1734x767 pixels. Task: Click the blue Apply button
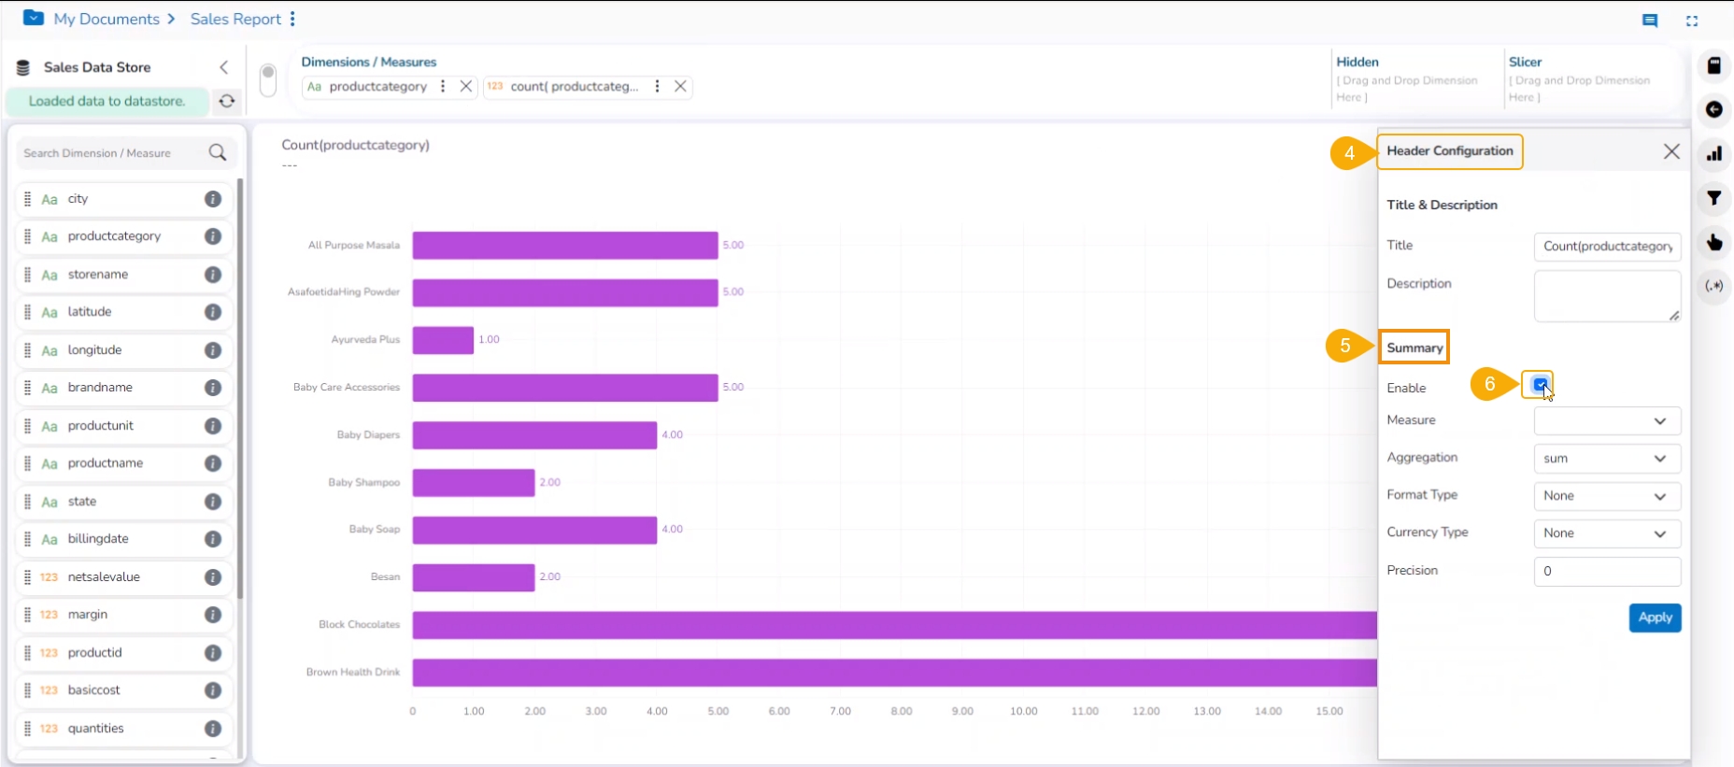(x=1655, y=618)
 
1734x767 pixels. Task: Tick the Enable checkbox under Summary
(x=1540, y=384)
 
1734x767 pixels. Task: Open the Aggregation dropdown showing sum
(x=1607, y=459)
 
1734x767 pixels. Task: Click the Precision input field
(x=1607, y=571)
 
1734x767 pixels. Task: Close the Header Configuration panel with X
(x=1671, y=151)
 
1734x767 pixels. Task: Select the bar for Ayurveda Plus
(x=443, y=340)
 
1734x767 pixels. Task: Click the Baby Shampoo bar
(x=474, y=482)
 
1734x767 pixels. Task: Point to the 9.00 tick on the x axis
(x=962, y=712)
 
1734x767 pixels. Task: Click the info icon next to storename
(x=213, y=275)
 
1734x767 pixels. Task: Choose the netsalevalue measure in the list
(x=104, y=577)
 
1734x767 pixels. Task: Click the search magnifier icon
(x=218, y=152)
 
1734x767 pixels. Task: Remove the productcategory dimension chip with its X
(x=466, y=86)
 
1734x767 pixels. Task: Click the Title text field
(x=1607, y=247)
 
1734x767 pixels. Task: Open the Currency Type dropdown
(x=1607, y=533)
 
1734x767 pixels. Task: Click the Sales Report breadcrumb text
(x=235, y=19)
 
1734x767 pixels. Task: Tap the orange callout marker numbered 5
(x=1344, y=346)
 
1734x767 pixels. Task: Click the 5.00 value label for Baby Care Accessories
(x=733, y=387)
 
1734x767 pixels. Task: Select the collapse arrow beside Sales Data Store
(x=224, y=67)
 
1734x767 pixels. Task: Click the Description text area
(x=1607, y=296)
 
